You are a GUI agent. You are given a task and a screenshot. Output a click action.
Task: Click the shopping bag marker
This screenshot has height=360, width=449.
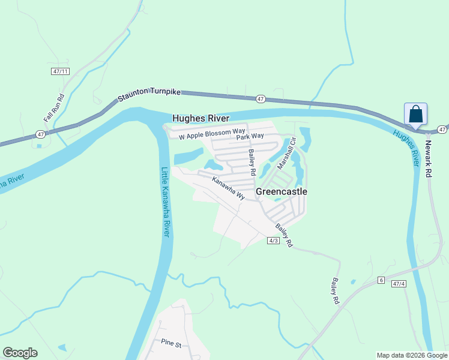point(416,114)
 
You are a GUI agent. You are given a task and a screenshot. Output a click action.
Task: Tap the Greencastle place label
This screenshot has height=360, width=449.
point(282,191)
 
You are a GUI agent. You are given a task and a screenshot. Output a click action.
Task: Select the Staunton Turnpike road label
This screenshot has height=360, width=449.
point(149,95)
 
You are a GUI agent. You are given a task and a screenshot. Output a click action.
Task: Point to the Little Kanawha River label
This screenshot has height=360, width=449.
point(166,202)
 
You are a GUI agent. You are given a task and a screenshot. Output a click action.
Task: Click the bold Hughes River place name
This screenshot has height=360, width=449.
point(201,118)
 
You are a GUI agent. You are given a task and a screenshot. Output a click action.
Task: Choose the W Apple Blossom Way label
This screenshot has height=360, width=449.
point(212,134)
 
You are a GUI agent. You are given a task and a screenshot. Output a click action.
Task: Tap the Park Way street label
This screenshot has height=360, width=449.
point(250,137)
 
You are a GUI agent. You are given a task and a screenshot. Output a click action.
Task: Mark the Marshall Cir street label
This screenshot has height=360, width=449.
point(286,154)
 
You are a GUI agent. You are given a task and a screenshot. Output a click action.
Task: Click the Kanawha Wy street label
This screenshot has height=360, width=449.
point(229,188)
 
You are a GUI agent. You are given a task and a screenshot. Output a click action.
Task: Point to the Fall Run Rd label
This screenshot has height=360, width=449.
point(61,106)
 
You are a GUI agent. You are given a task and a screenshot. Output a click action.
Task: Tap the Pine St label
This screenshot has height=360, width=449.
point(171,343)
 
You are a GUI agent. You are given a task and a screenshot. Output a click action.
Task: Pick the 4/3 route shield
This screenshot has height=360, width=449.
point(273,240)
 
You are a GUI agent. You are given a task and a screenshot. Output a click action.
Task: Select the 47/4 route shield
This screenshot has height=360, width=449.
point(399,283)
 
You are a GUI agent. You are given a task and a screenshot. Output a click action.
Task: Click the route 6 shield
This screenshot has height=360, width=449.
point(381,280)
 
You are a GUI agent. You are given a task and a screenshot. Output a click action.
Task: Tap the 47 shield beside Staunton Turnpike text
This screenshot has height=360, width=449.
point(260,98)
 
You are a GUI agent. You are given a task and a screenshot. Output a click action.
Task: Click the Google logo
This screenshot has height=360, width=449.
point(20,353)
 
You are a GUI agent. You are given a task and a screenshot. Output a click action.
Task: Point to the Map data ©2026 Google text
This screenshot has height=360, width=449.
point(412,355)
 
